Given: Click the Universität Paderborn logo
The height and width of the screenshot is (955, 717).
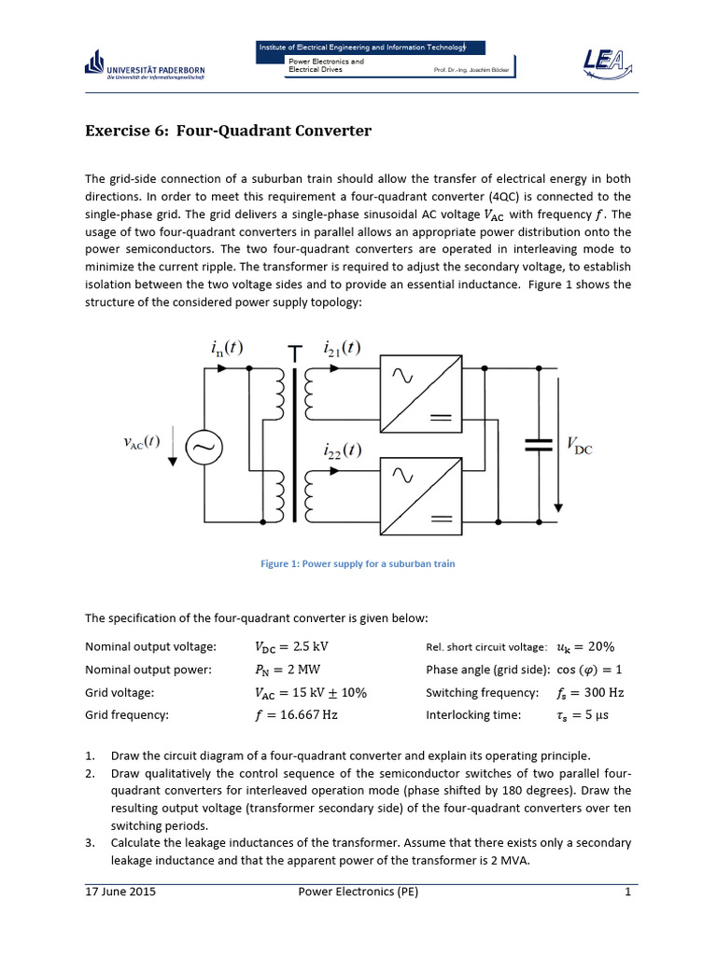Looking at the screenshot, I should click(x=144, y=66).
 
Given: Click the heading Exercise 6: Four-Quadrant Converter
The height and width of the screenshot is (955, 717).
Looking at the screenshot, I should click(x=228, y=131).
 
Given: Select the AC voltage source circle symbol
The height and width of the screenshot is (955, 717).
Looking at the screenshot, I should click(x=202, y=449).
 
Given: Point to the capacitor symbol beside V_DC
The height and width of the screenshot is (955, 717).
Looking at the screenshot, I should click(x=539, y=445).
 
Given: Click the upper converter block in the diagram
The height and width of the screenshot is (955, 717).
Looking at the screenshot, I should click(x=420, y=394).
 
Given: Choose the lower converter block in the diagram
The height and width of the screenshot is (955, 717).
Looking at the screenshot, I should click(x=420, y=496).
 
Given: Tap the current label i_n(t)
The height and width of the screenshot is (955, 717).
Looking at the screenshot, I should click(x=226, y=348).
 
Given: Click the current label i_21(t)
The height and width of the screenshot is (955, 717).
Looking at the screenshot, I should click(x=343, y=348).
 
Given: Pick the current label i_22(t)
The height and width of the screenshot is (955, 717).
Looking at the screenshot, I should click(x=343, y=451).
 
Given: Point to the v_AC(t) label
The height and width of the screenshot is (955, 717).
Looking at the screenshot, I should click(x=142, y=443).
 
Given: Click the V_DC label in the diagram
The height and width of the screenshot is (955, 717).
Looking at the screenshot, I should click(x=579, y=445).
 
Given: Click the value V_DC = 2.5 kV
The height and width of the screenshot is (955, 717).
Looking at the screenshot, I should click(x=291, y=645).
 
